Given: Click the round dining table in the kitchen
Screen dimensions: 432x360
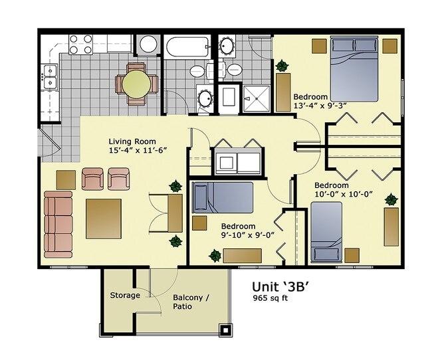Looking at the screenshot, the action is (136, 84).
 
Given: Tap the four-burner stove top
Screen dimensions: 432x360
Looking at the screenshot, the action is (80, 44).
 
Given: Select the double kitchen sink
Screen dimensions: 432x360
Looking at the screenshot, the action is (49, 77).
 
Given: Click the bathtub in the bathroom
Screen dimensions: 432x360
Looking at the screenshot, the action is (187, 47).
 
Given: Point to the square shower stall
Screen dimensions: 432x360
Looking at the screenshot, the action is (257, 98).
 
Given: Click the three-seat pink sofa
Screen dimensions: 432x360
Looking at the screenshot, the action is (58, 225).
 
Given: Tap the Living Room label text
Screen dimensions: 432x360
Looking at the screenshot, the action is (132, 141).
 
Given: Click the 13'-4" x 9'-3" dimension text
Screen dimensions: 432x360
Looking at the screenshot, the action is (320, 106).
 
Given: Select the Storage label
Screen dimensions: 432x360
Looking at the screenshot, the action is (125, 296).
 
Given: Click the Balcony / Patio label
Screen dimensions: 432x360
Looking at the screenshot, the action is (191, 302).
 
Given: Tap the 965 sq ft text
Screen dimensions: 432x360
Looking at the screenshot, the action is (270, 298).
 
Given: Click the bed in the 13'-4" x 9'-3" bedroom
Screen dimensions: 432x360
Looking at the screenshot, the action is (354, 69).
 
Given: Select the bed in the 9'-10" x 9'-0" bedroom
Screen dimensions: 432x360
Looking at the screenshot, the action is (223, 197).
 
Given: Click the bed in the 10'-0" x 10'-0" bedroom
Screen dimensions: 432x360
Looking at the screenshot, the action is (326, 232).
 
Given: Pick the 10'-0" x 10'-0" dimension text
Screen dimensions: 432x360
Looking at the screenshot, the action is (344, 194).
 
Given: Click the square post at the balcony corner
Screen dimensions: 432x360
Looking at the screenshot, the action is (225, 329).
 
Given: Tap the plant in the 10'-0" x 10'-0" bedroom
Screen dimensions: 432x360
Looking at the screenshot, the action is (391, 199).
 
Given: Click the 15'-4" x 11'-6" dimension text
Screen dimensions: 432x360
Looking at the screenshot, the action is (138, 150).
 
